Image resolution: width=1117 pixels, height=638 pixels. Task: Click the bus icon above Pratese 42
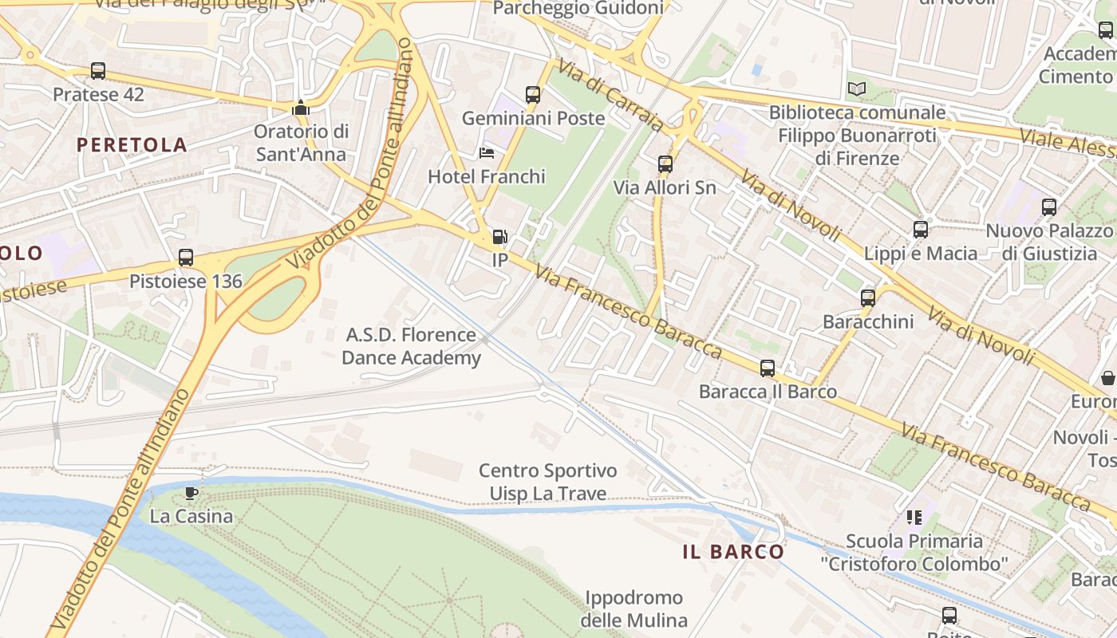[98, 71]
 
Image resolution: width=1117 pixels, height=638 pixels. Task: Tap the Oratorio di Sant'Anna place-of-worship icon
[301, 108]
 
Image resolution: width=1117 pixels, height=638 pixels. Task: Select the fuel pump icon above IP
[499, 237]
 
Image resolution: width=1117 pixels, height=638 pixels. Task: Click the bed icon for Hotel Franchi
[487, 153]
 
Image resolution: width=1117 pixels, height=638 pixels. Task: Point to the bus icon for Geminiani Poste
[533, 95]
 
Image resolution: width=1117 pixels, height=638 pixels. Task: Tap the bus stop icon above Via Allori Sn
[665, 165]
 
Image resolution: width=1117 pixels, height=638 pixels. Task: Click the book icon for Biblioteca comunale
[857, 89]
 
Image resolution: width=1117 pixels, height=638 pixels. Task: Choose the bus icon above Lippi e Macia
[920, 230]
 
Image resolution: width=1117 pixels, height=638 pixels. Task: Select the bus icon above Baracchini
[868, 298]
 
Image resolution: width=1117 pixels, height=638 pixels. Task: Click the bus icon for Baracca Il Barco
[768, 368]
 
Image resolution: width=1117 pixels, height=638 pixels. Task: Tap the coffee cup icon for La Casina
[191, 493]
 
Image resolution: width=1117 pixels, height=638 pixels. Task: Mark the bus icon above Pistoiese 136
[186, 258]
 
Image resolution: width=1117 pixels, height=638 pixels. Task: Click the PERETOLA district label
[132, 145]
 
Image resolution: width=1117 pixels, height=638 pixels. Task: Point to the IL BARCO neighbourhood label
[733, 552]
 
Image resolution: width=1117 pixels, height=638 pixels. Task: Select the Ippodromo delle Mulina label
[633, 608]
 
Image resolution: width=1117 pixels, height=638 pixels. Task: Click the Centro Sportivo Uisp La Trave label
[547, 482]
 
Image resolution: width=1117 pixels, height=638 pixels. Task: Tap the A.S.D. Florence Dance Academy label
[411, 346]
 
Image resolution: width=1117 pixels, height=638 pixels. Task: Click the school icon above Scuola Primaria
[914, 518]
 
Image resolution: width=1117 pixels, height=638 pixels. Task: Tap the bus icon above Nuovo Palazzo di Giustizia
[1048, 207]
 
